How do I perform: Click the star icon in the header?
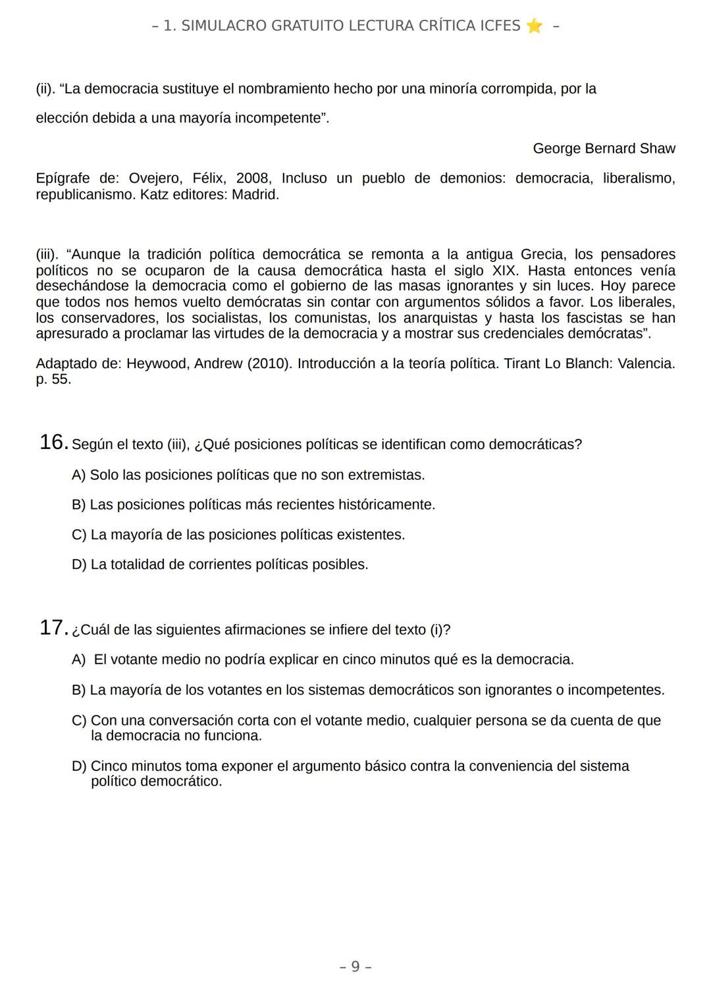[534, 26]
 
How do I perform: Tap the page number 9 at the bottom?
[355, 966]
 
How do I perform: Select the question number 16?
[53, 442]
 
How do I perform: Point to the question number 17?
[53, 628]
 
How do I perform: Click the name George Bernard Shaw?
[604, 148]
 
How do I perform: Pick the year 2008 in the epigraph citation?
[253, 178]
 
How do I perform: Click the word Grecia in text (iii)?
[542, 255]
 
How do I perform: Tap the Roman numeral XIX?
[504, 271]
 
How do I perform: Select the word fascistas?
[597, 318]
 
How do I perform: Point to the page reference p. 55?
[53, 379]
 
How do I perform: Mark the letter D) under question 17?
[79, 766]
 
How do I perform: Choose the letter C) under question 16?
[79, 535]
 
